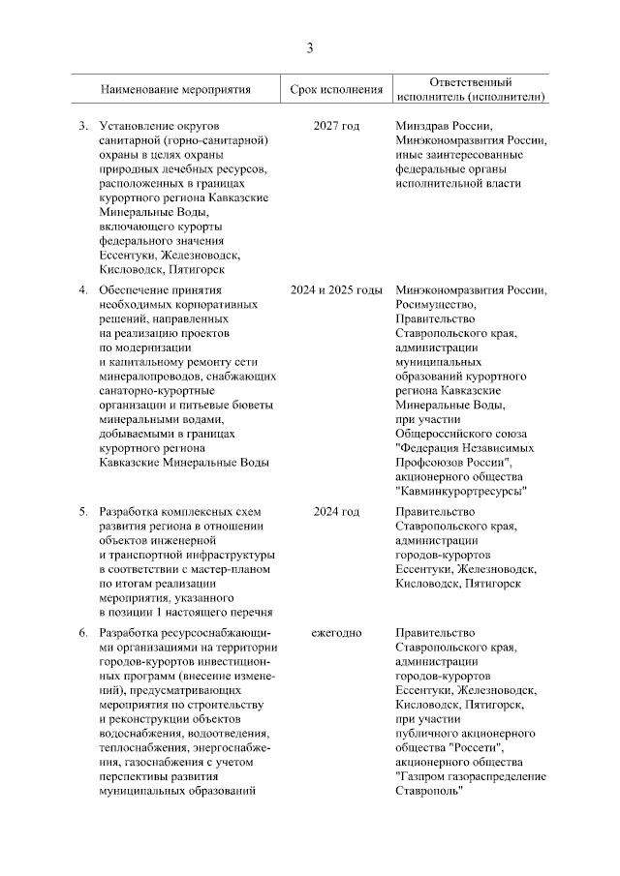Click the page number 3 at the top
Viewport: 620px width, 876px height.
click(310, 47)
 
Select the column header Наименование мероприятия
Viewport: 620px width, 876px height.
click(175, 90)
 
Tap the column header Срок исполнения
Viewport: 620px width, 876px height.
click(336, 90)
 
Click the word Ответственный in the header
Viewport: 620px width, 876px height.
click(470, 82)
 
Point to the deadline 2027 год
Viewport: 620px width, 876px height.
click(336, 127)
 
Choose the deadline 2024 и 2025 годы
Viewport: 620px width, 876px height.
click(336, 289)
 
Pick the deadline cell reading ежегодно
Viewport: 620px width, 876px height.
click(336, 633)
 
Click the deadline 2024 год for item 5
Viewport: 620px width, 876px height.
click(336, 511)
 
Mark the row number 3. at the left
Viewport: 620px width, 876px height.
click(83, 127)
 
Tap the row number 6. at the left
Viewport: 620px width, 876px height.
click(83, 633)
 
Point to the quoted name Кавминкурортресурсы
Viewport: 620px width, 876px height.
click(462, 491)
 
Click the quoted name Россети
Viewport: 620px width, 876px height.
click(479, 747)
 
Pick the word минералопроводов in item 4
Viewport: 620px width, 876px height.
click(153, 376)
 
